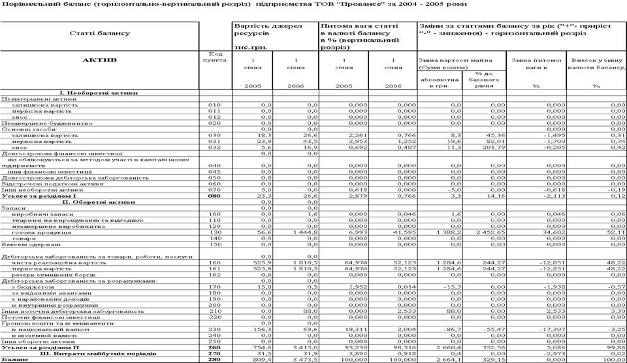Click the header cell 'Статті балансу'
tap(99, 33)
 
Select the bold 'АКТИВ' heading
tap(100, 60)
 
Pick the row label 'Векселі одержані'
tap(26, 244)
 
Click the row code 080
tap(214, 196)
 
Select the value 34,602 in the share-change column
tap(547, 232)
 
